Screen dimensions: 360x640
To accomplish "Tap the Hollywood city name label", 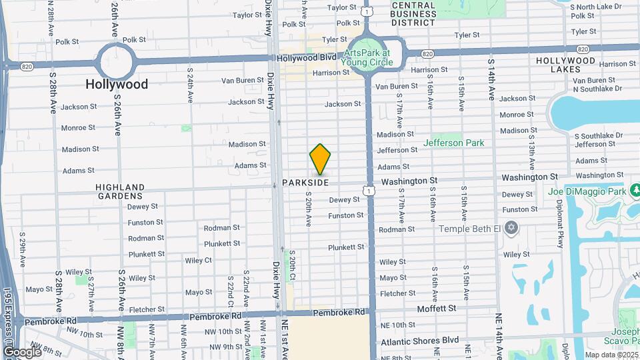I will coord(117,85).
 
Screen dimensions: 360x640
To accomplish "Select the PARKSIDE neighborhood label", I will coord(305,182).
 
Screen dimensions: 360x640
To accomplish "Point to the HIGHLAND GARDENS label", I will coord(119,191).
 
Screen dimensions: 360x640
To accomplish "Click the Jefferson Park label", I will coord(453,143).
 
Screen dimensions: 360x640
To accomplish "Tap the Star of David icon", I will coord(511,229).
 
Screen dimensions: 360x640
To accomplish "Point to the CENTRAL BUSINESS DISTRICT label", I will coord(414,13).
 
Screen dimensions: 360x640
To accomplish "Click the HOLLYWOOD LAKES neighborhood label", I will coord(565,65).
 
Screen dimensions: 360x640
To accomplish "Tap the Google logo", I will coord(22,351).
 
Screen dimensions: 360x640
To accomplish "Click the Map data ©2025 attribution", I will coord(612,355).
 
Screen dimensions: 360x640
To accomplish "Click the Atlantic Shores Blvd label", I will coord(419,340).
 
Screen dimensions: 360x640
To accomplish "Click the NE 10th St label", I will coord(398,325).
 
